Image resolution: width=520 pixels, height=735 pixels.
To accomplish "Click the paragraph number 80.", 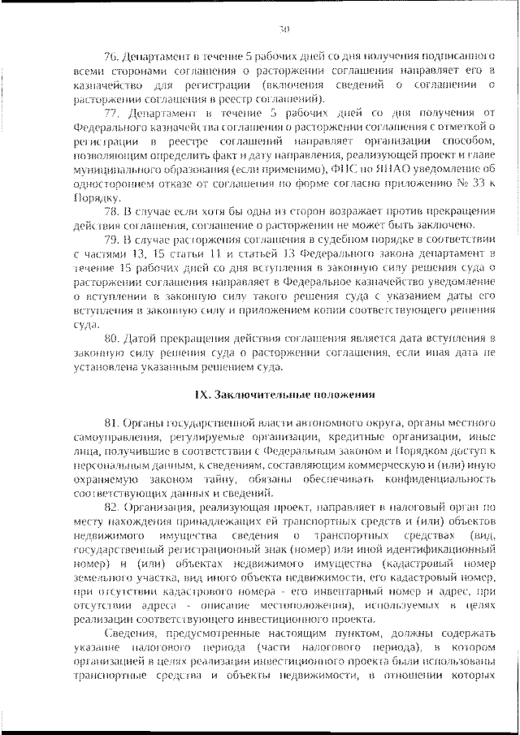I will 111,337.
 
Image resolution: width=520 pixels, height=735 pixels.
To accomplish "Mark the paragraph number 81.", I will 111,423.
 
